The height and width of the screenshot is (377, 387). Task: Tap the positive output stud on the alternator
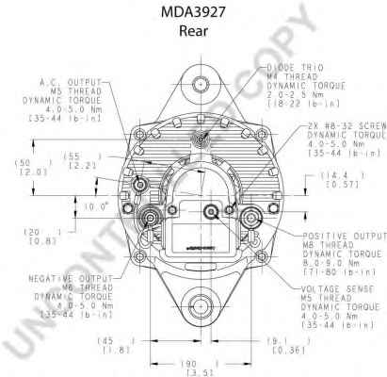250,221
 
